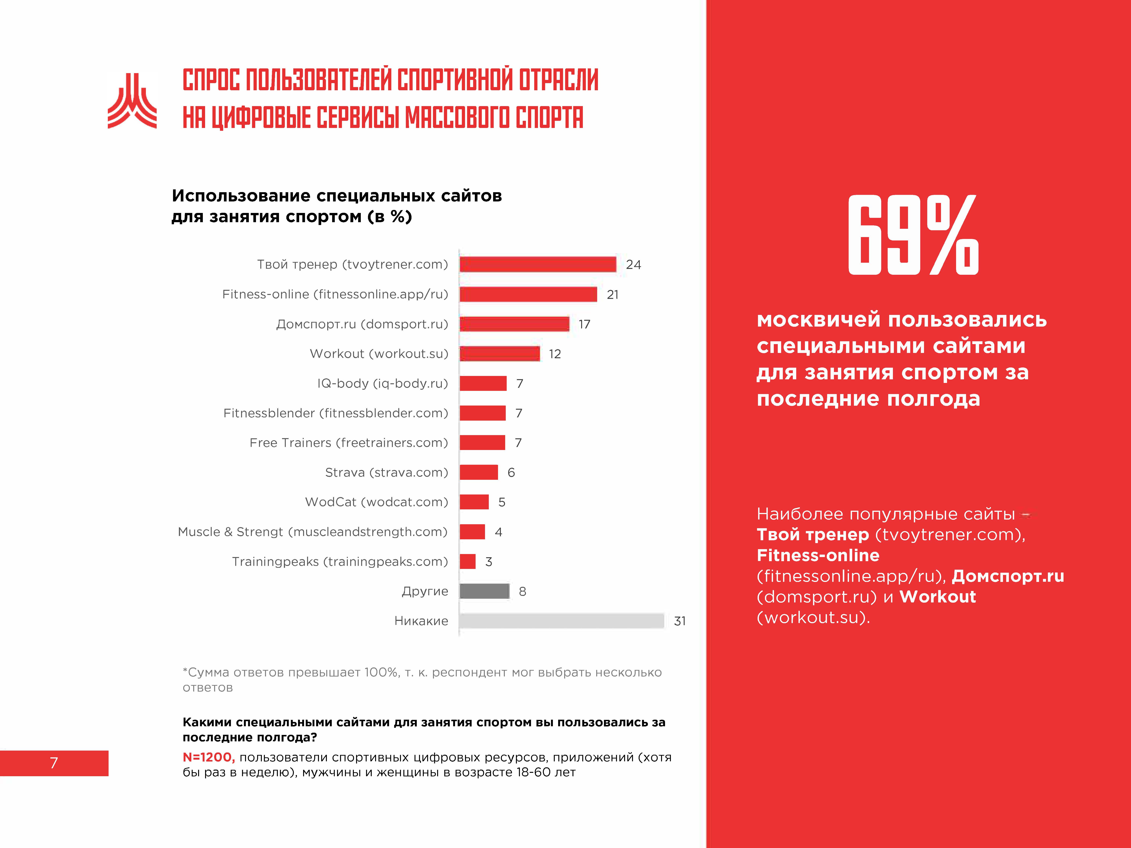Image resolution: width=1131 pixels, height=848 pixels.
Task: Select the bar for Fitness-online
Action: tap(528, 294)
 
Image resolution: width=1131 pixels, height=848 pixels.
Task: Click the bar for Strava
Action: tap(479, 472)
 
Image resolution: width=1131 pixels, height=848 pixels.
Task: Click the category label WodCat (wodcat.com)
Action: tap(376, 502)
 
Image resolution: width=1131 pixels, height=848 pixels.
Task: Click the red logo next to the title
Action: tap(132, 101)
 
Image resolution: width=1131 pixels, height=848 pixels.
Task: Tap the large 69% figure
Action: tap(913, 235)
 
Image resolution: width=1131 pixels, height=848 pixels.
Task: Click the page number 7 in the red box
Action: tap(54, 763)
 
